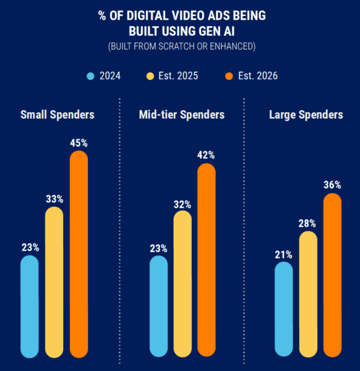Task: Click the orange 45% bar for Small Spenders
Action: click(x=79, y=254)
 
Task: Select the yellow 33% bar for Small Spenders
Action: click(x=54, y=282)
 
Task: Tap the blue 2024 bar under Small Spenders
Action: click(x=30, y=306)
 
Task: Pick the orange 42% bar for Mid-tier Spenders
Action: click(x=207, y=260)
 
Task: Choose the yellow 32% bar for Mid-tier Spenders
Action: click(x=182, y=284)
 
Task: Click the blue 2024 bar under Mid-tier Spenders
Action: click(x=158, y=306)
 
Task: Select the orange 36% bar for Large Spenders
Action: click(x=332, y=275)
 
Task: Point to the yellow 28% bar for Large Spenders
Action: click(x=308, y=294)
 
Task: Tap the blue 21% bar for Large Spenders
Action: click(x=284, y=309)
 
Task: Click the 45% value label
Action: click(x=79, y=143)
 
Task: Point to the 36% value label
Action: click(x=332, y=185)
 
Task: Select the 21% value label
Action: click(x=284, y=254)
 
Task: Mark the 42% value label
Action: click(x=207, y=155)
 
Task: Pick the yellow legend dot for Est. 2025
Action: click(x=150, y=76)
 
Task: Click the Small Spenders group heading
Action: click(x=58, y=114)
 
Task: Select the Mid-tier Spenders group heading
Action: click(x=181, y=114)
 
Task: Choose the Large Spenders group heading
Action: click(x=306, y=114)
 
